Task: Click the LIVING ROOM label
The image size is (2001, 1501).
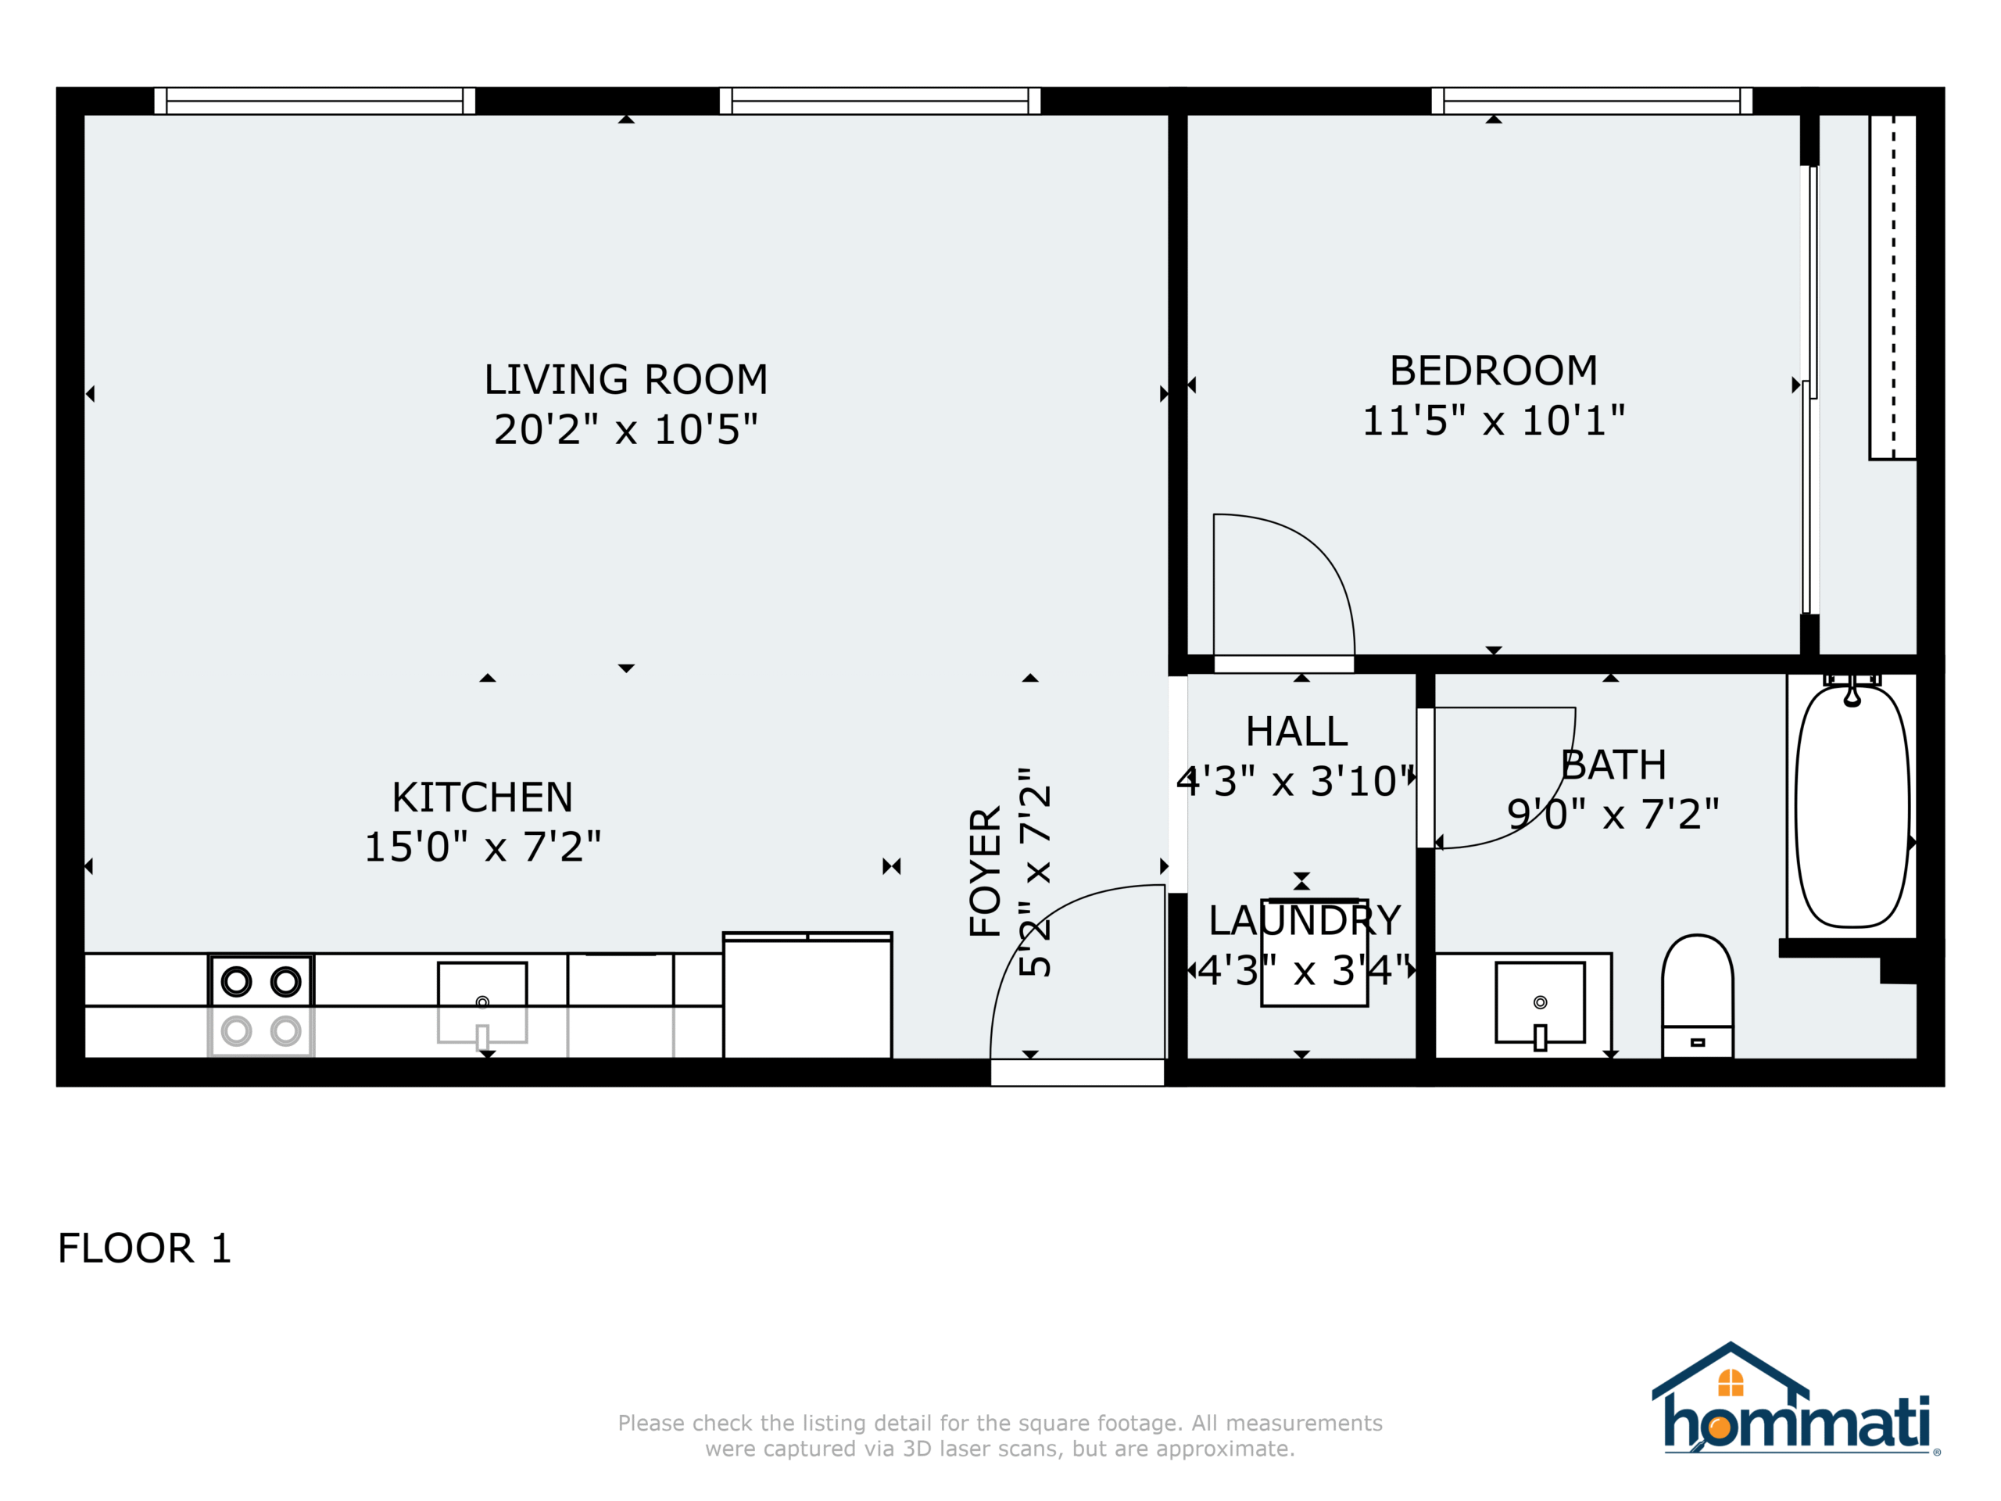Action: (625, 380)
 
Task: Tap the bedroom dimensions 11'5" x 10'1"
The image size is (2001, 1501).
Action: (1494, 421)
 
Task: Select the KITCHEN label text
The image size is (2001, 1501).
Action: (482, 798)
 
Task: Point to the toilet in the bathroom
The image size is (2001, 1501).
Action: (1697, 996)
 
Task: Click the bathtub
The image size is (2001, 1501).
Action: (1852, 806)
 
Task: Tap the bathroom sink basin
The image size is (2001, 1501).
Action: (1540, 1002)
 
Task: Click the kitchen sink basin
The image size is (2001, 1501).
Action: (482, 1002)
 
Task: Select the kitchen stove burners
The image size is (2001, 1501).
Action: (261, 1006)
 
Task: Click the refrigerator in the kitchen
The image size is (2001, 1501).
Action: (807, 995)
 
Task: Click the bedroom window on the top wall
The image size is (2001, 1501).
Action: (1592, 100)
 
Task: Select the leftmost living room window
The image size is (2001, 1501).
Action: (315, 100)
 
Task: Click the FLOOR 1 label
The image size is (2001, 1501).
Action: (145, 1248)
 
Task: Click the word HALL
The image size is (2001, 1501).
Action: (1296, 732)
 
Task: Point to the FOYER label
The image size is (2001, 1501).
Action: (985, 872)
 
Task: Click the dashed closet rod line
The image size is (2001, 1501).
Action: (1893, 286)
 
